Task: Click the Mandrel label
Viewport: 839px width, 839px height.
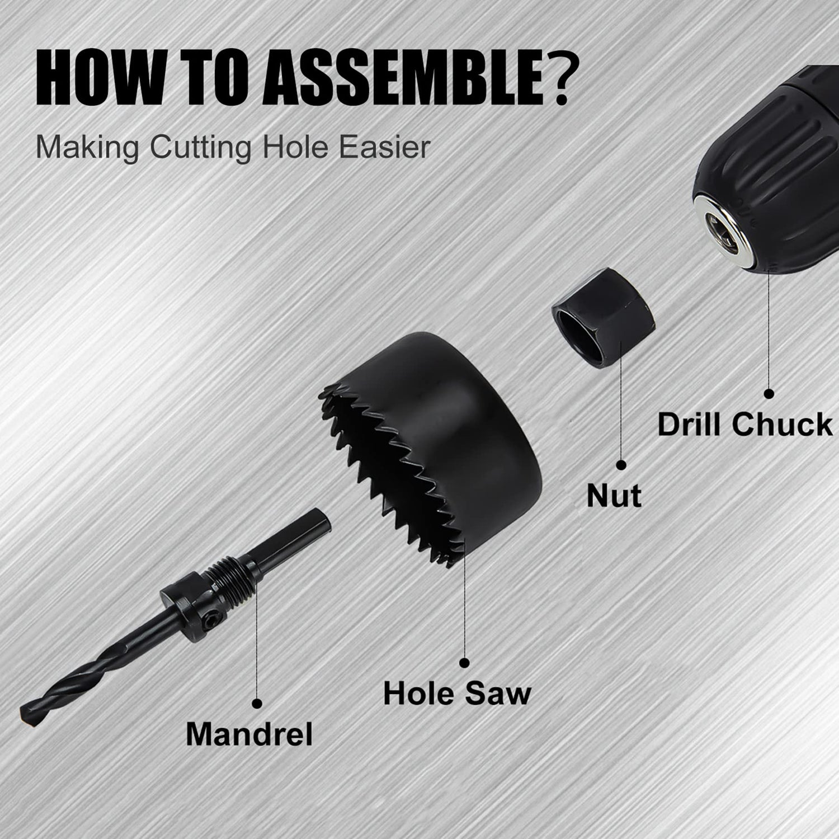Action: click(x=249, y=733)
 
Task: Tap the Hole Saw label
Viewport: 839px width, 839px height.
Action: click(x=457, y=694)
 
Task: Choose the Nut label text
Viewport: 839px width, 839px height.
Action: click(x=614, y=496)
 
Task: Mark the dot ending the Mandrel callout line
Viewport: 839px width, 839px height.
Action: click(x=257, y=703)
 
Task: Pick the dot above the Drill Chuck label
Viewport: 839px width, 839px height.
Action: click(x=769, y=394)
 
